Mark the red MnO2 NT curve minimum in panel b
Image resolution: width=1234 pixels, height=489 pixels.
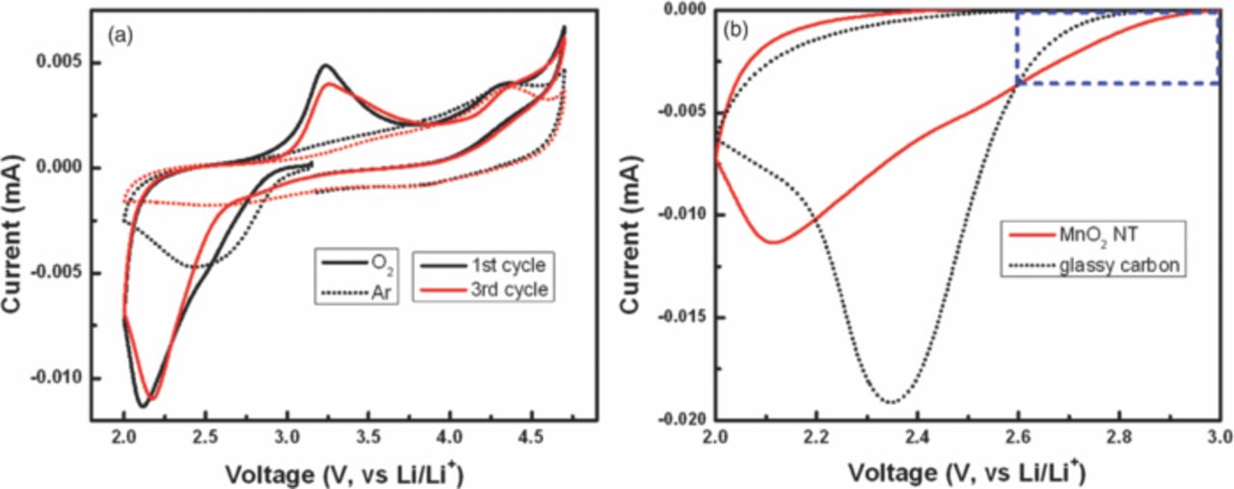click(773, 242)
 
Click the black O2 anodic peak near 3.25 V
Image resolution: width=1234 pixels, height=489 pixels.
click(326, 66)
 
